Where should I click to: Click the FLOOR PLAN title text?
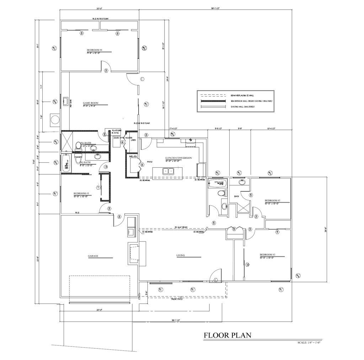[x=227, y=335]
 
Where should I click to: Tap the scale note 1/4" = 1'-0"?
[x=310, y=343]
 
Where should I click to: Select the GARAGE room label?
[x=93, y=256]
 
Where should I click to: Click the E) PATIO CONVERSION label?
[x=178, y=158]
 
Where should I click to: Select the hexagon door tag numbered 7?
[x=98, y=187]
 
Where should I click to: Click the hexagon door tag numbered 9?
[x=234, y=229]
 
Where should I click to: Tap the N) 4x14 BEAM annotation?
[x=181, y=227]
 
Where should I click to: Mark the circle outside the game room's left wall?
[x=55, y=120]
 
